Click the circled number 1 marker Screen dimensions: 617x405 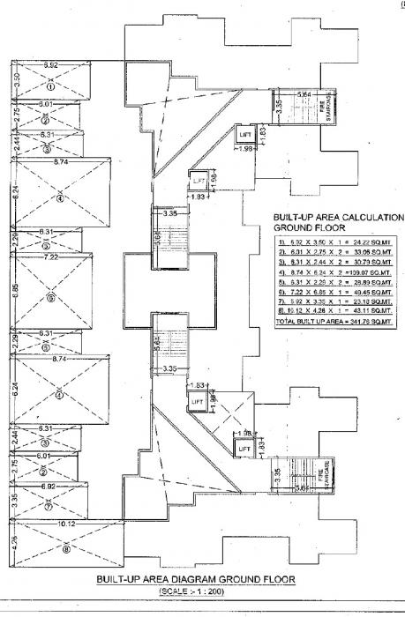(x=51, y=87)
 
